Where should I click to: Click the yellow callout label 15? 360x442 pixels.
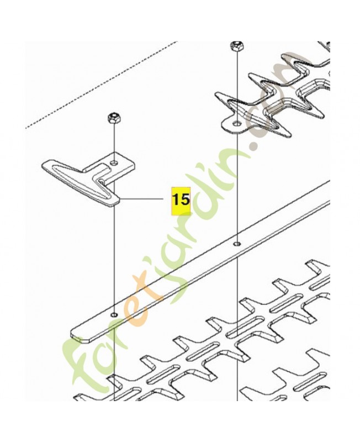[x=181, y=199]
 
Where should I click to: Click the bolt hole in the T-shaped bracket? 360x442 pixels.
[x=113, y=162]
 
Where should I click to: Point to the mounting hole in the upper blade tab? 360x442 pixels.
[x=236, y=123]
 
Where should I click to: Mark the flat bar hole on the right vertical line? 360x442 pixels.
[x=236, y=243]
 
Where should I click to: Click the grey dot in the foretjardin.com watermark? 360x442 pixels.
[x=255, y=147]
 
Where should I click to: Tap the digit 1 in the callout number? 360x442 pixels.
[x=176, y=199]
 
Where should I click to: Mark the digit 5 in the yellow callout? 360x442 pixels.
[x=184, y=199]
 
